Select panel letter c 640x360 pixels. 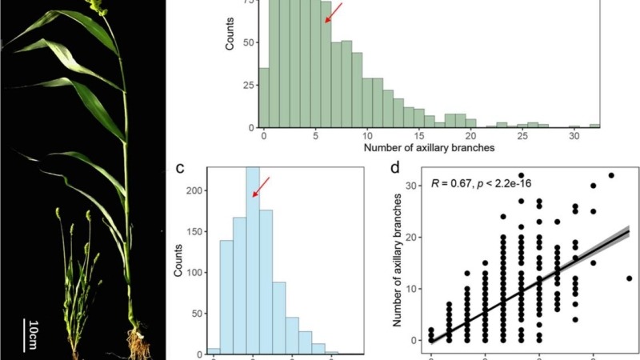click(x=181, y=169)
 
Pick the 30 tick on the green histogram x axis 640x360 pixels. click(x=574, y=137)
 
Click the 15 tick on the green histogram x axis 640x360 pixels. click(x=418, y=137)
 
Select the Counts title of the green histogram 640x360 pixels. click(x=230, y=38)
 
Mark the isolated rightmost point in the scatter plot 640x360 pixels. click(x=630, y=278)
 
